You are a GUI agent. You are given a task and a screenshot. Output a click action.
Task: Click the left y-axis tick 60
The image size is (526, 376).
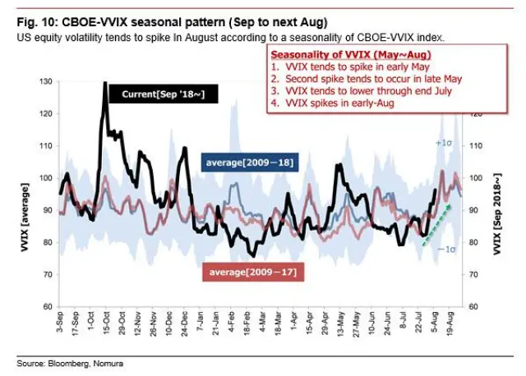coord(48,306)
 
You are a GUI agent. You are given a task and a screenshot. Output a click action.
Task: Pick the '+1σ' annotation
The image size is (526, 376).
coord(442,143)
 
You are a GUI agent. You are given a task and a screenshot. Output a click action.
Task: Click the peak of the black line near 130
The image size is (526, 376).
coord(105,83)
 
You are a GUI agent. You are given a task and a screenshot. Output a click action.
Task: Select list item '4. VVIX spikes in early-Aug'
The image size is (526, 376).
coord(333,103)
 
